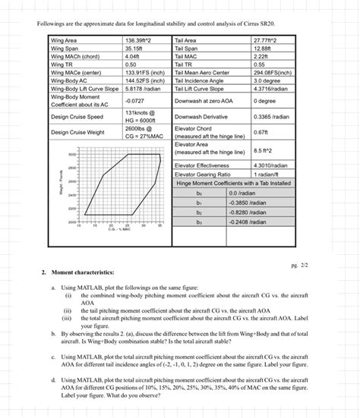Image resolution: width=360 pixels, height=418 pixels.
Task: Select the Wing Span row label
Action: click(x=67, y=49)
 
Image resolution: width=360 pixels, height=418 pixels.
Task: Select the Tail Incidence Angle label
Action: click(x=201, y=80)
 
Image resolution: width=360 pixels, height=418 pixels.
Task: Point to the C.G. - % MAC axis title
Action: click(x=112, y=230)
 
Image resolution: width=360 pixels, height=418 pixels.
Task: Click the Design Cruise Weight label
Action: click(x=77, y=133)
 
